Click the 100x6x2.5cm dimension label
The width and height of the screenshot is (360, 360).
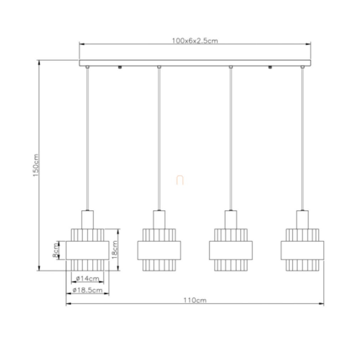195,41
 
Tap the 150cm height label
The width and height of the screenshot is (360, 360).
36,165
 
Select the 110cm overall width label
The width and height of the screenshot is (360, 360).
195,300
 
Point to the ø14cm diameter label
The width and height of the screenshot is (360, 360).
87,278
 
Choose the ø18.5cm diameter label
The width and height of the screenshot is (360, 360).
87,290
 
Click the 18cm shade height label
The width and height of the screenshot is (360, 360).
114,250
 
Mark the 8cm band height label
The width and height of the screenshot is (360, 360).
56,250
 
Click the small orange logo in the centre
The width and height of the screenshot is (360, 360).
180,180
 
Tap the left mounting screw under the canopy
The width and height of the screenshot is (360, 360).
120,67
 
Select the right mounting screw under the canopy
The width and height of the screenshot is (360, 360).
270,67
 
